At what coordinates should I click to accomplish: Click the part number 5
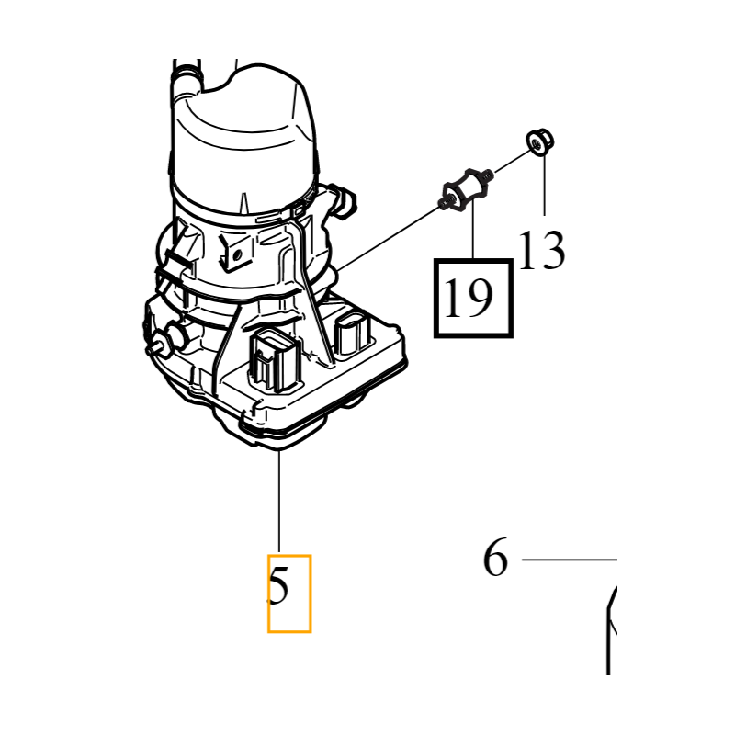pyautogui.click(x=278, y=585)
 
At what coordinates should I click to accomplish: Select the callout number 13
pyautogui.click(x=542, y=250)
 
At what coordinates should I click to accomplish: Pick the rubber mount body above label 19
pyautogui.click(x=465, y=191)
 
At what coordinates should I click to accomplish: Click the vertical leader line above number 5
pyautogui.click(x=279, y=501)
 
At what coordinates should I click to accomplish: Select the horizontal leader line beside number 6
pyautogui.click(x=569, y=560)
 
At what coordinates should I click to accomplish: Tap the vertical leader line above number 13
pyautogui.click(x=544, y=185)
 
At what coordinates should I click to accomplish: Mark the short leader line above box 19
pyautogui.click(x=473, y=231)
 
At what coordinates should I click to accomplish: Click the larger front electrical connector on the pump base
pyautogui.click(x=274, y=360)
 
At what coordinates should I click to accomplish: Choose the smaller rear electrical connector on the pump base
pyautogui.click(x=353, y=334)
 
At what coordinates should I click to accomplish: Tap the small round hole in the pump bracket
pyautogui.click(x=237, y=254)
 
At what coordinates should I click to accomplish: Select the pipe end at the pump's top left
pyautogui.click(x=187, y=79)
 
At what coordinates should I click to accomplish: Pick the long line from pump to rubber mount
pyautogui.click(x=389, y=238)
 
